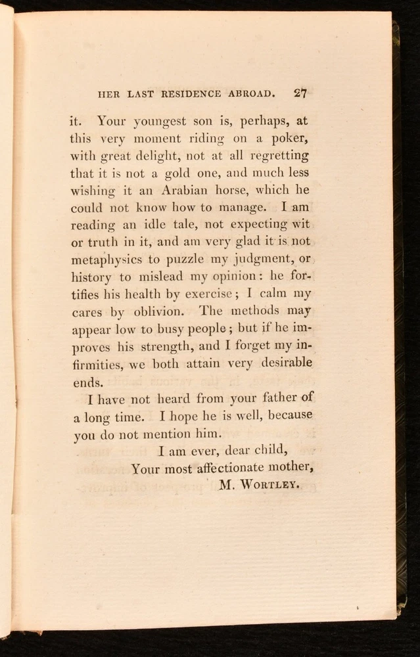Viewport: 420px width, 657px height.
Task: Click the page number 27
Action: pos(300,93)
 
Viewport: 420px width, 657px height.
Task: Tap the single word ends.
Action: pos(88,381)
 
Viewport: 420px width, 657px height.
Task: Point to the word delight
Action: pos(168,156)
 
